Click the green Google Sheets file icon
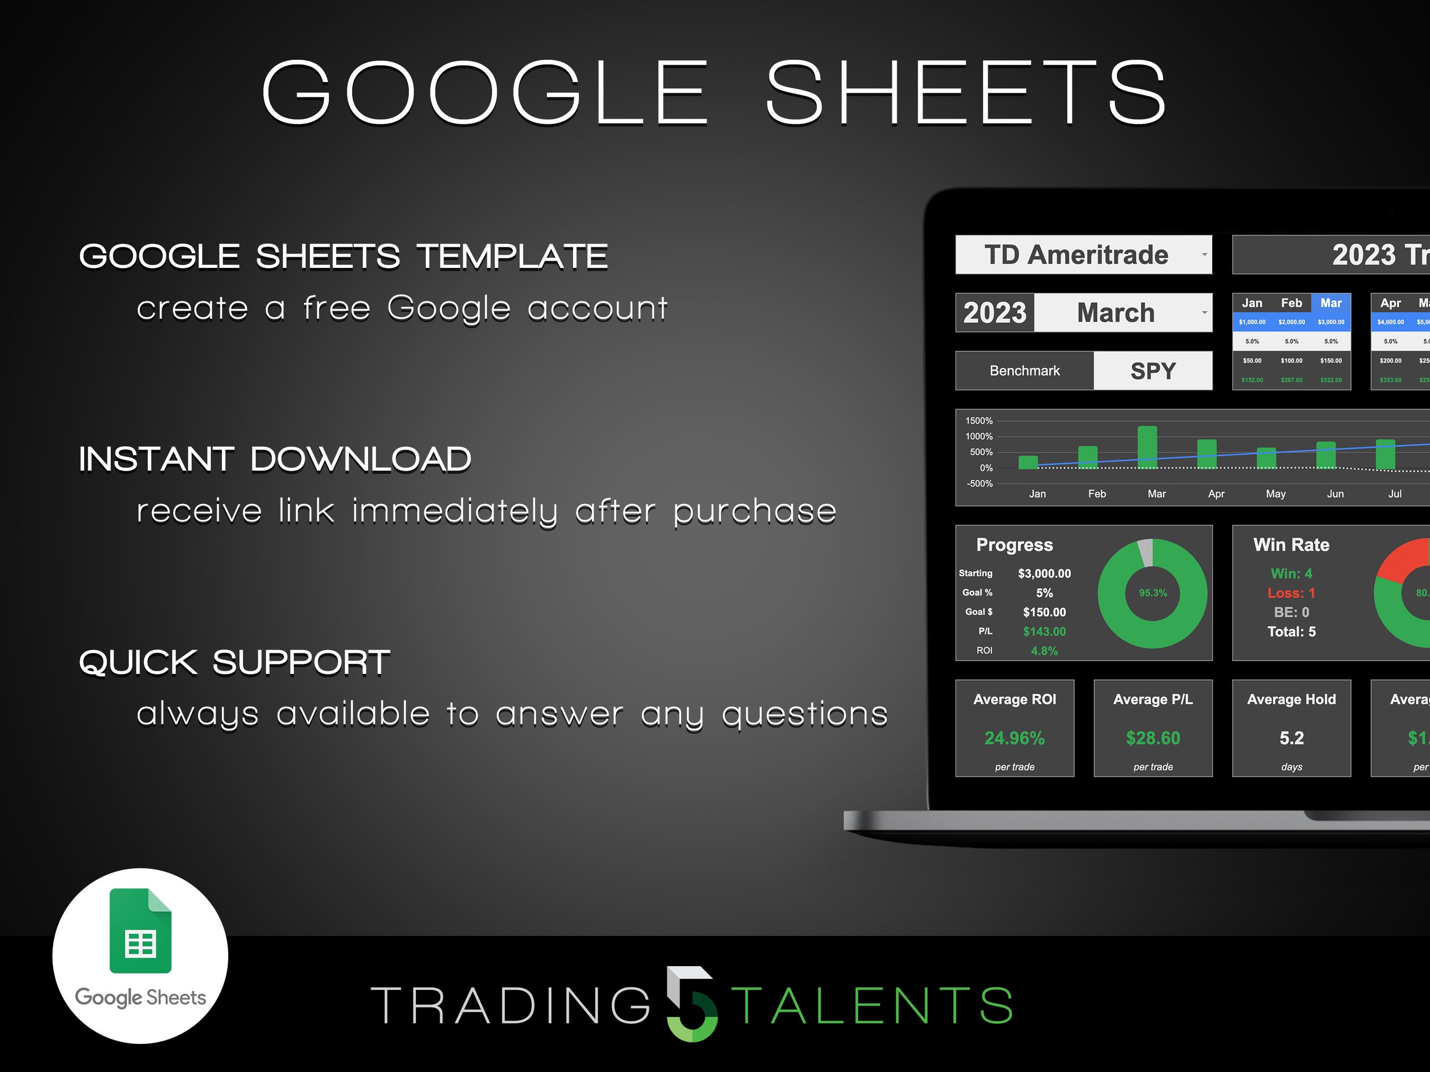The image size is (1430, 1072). [140, 931]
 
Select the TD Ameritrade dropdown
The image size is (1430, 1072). [1083, 255]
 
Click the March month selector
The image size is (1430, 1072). [1122, 313]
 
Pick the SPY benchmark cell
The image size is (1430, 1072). [1152, 371]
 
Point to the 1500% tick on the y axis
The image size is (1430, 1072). [979, 421]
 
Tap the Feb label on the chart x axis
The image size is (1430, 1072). [1096, 494]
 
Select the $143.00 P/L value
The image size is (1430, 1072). [1044, 632]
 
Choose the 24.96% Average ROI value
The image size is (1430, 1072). [1014, 738]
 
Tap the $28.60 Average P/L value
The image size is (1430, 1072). [1152, 738]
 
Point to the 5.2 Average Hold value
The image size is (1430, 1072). [1291, 738]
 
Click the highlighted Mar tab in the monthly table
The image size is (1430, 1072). [1330, 303]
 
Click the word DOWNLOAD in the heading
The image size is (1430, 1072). [360, 460]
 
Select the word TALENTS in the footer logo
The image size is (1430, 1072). [872, 1005]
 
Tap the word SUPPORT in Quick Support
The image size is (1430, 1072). [301, 662]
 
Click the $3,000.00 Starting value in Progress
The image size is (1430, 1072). [1044, 573]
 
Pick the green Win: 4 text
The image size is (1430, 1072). [1291, 573]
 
